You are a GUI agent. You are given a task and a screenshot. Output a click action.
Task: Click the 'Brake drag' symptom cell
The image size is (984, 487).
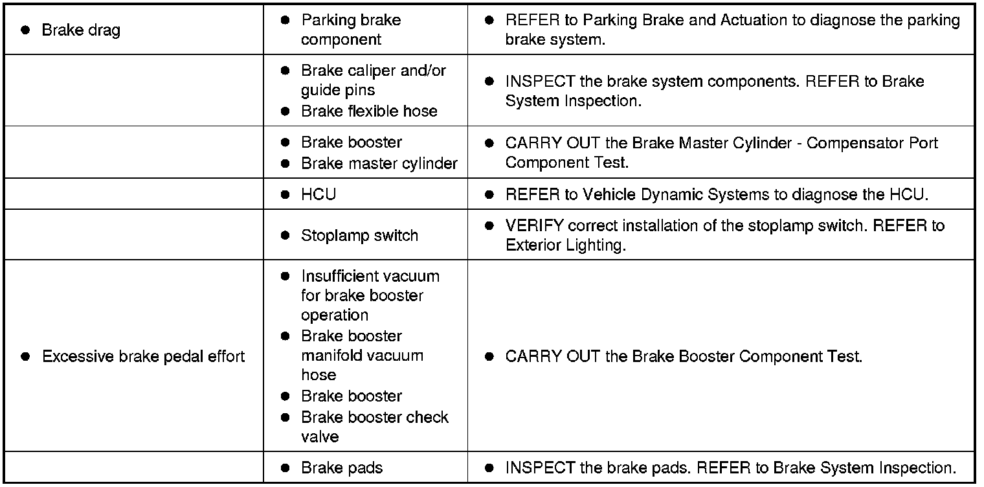click(x=80, y=30)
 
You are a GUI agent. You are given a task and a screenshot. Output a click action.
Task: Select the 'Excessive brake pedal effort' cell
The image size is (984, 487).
click(x=143, y=357)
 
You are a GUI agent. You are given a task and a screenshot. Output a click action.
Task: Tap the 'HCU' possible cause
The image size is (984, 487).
click(x=318, y=194)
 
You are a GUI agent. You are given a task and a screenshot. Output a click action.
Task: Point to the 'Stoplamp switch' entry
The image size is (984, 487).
click(x=359, y=236)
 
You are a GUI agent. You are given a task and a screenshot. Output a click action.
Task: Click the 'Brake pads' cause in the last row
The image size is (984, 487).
click(x=342, y=468)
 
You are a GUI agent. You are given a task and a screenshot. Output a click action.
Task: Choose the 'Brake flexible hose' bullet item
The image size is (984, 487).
click(x=369, y=111)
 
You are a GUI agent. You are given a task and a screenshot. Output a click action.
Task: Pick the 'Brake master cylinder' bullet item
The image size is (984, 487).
click(x=379, y=163)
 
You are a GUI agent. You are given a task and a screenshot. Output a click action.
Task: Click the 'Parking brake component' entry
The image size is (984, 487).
click(x=350, y=30)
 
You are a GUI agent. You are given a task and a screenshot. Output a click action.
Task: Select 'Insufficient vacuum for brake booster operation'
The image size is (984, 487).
click(x=370, y=295)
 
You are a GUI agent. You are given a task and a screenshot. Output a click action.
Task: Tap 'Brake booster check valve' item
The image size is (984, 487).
click(x=374, y=426)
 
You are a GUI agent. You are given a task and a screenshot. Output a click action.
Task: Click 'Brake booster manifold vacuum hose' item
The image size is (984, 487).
click(x=362, y=356)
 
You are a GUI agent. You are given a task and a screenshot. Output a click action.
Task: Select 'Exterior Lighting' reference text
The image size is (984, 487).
click(x=565, y=245)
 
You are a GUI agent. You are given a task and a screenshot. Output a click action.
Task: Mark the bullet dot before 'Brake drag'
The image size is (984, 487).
click(x=25, y=30)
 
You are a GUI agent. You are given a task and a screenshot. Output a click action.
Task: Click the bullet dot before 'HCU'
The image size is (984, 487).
click(x=285, y=194)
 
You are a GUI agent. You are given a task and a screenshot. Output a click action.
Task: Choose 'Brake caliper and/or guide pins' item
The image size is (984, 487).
click(x=373, y=80)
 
